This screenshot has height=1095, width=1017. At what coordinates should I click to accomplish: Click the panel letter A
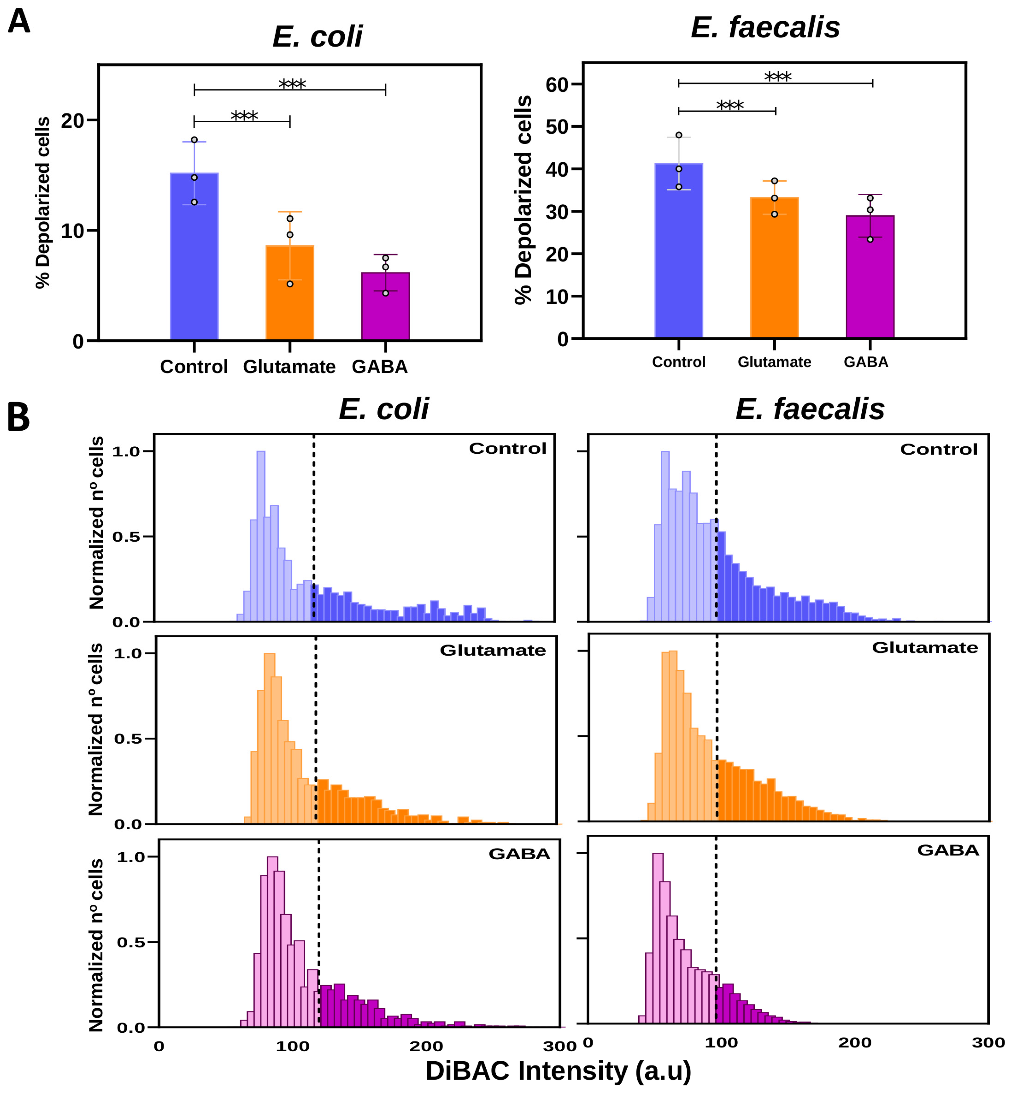click(19, 22)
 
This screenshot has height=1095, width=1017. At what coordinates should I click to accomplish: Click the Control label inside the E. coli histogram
click(507, 449)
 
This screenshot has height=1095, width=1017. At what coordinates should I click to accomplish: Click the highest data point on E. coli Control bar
click(194, 140)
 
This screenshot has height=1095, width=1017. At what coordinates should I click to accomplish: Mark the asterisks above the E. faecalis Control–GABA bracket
click(777, 77)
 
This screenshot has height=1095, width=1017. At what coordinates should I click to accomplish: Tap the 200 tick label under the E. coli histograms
click(426, 1046)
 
